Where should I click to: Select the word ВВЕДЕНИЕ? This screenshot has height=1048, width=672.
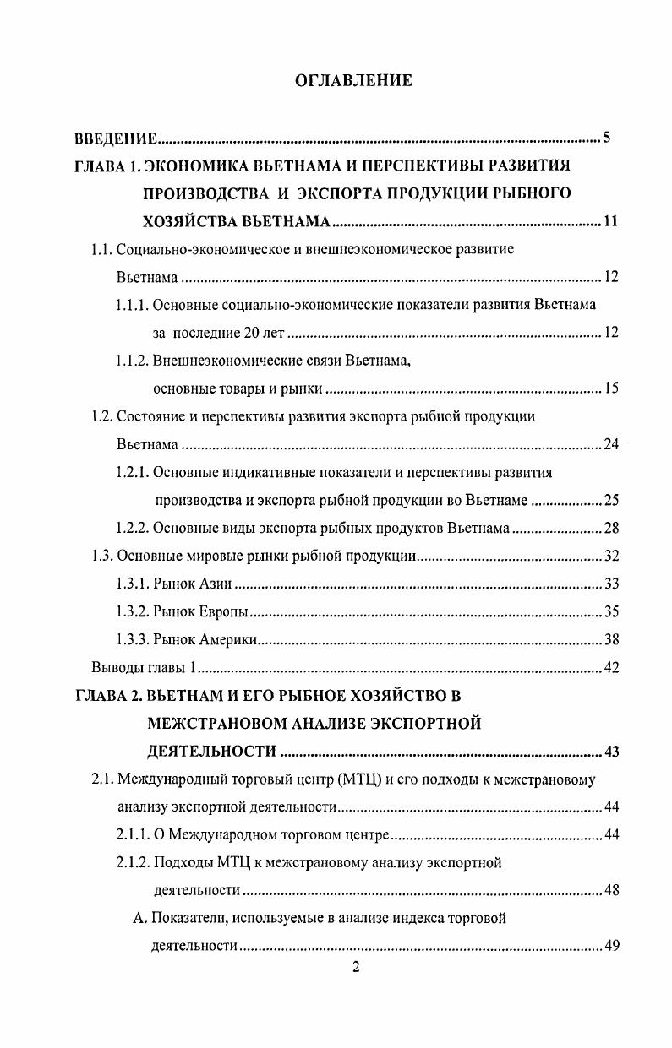(x=112, y=138)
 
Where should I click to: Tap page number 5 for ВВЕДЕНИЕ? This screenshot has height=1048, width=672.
(x=606, y=138)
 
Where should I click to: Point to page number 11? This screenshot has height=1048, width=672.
(x=612, y=223)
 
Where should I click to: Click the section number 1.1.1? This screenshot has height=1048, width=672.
(x=133, y=305)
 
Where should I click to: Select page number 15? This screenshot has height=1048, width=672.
(x=612, y=388)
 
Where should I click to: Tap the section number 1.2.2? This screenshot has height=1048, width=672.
(x=133, y=528)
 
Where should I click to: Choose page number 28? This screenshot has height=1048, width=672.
(x=612, y=528)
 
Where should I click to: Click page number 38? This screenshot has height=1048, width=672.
(x=612, y=639)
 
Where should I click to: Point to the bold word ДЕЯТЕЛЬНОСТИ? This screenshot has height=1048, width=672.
(x=211, y=752)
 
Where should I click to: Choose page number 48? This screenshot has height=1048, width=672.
(x=612, y=890)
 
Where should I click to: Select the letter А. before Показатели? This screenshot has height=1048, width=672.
(x=140, y=919)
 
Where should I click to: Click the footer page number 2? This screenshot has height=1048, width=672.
(x=356, y=968)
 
